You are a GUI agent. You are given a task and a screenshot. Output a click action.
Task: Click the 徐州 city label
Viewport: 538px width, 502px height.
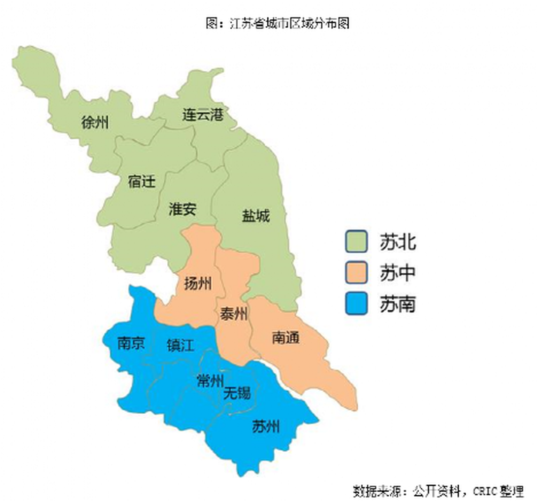95,122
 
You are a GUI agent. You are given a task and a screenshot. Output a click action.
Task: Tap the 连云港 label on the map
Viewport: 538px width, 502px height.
203,114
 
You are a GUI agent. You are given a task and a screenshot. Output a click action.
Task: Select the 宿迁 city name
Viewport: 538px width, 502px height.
142,181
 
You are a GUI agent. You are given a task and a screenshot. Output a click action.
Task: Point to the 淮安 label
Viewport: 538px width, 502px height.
182,209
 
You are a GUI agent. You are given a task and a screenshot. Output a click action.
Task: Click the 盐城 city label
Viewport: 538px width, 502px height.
256,216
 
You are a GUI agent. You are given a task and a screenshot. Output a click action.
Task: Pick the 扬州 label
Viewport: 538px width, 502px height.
198,283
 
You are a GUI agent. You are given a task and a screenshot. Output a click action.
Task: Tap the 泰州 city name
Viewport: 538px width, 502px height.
233,314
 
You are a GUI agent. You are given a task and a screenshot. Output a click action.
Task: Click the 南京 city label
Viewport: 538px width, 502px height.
131,343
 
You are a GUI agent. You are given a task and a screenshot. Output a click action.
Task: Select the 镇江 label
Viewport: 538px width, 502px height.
180,345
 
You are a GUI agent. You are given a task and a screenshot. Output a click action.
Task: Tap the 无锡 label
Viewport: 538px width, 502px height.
237,393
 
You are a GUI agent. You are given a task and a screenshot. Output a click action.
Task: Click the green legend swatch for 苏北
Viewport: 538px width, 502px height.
356,241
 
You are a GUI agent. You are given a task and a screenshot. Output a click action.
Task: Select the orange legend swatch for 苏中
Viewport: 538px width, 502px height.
356,272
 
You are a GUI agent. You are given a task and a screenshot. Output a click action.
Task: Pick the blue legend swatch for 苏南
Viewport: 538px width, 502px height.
356,304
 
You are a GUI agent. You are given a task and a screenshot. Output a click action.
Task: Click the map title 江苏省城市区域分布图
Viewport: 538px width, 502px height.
277,23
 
